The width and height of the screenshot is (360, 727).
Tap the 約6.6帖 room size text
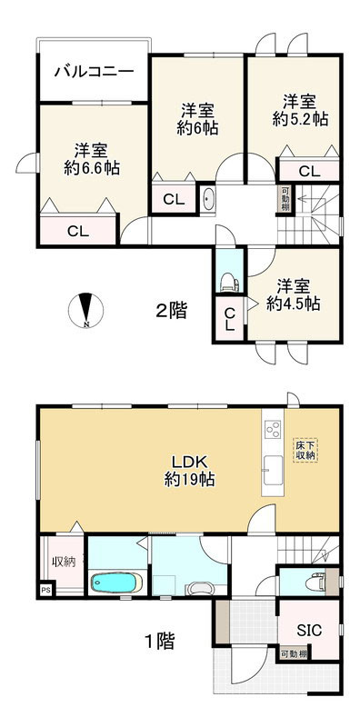click(x=93, y=167)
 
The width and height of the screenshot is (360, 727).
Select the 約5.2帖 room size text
click(x=302, y=118)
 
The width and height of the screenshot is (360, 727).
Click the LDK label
click(x=190, y=460)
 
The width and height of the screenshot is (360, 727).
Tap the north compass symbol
click(x=85, y=311)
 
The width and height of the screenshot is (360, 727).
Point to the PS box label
click(x=45, y=591)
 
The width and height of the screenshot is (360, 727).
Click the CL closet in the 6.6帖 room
click(x=79, y=231)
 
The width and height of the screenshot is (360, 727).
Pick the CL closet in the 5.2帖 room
click(x=309, y=170)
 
